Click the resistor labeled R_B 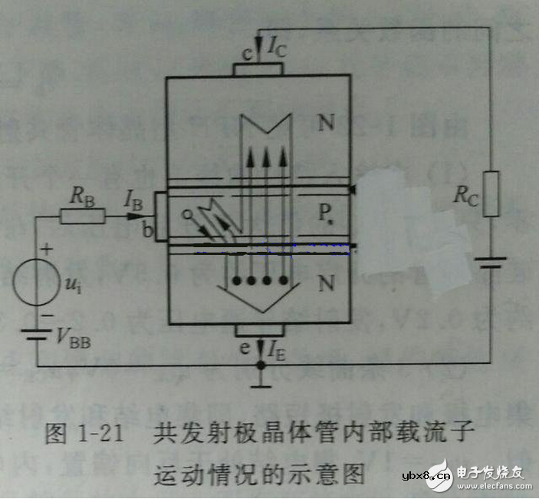point(82,217)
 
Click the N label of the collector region point(327,123)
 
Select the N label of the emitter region point(327,283)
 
